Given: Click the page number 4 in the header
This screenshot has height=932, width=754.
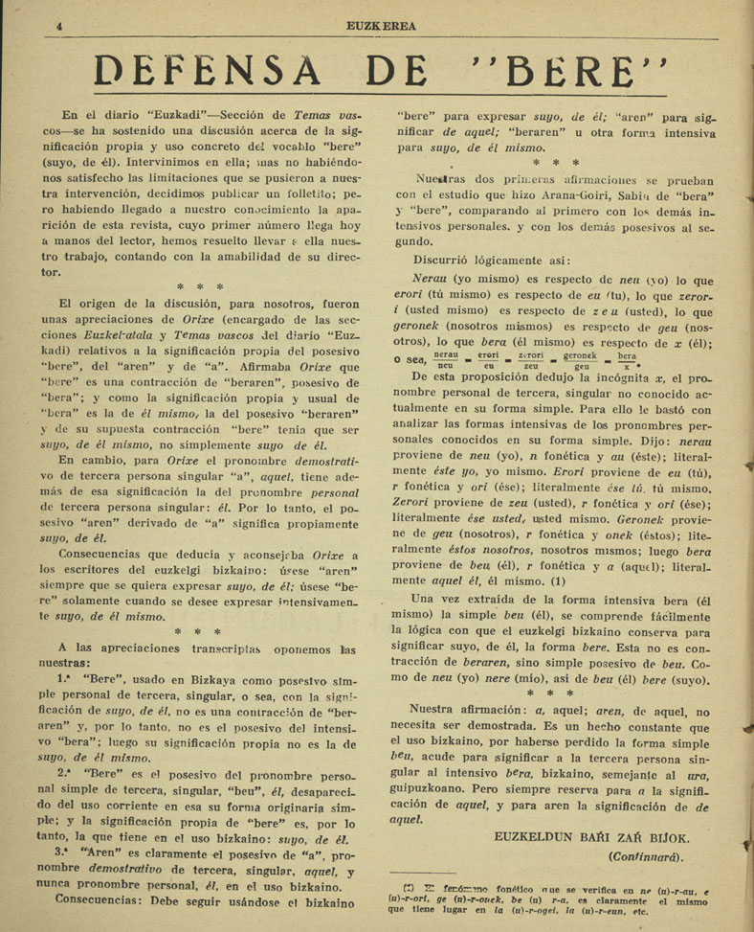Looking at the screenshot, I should pos(59,27).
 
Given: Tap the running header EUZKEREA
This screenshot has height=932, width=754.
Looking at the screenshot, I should pos(382,27).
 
